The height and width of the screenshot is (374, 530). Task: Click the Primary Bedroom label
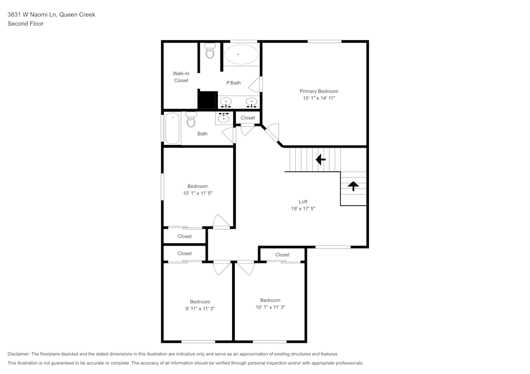click(x=319, y=91)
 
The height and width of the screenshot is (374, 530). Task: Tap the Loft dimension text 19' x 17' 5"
click(x=303, y=208)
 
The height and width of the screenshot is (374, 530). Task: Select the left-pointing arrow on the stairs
click(x=320, y=159)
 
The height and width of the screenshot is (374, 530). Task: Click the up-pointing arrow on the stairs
click(x=353, y=185)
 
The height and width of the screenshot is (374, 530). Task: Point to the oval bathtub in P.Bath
click(x=241, y=54)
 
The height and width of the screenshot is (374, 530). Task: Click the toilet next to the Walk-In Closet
click(x=210, y=51)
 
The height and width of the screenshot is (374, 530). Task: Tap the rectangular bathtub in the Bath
click(x=172, y=129)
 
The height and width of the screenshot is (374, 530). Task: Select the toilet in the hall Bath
click(x=191, y=120)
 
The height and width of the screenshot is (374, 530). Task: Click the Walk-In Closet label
click(x=181, y=77)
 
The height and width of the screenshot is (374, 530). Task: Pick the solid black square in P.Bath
click(x=208, y=99)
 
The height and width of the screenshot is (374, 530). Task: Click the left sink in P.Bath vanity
click(x=226, y=102)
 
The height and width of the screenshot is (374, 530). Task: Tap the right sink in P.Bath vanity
click(x=251, y=102)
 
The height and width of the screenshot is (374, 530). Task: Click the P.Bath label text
click(x=233, y=83)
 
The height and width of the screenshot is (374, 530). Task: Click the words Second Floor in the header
click(x=25, y=24)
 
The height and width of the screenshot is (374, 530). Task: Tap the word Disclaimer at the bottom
click(x=19, y=354)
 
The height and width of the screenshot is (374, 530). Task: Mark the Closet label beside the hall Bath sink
click(x=248, y=117)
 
